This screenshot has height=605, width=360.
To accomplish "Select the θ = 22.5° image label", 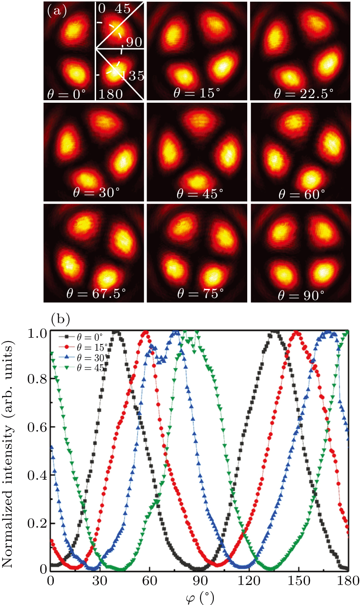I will coord(299,93).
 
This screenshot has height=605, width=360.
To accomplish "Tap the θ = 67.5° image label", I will coord(96,294).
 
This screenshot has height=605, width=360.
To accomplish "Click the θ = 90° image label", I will coord(300,294).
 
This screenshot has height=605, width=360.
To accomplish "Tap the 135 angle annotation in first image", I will coord(132,76).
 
